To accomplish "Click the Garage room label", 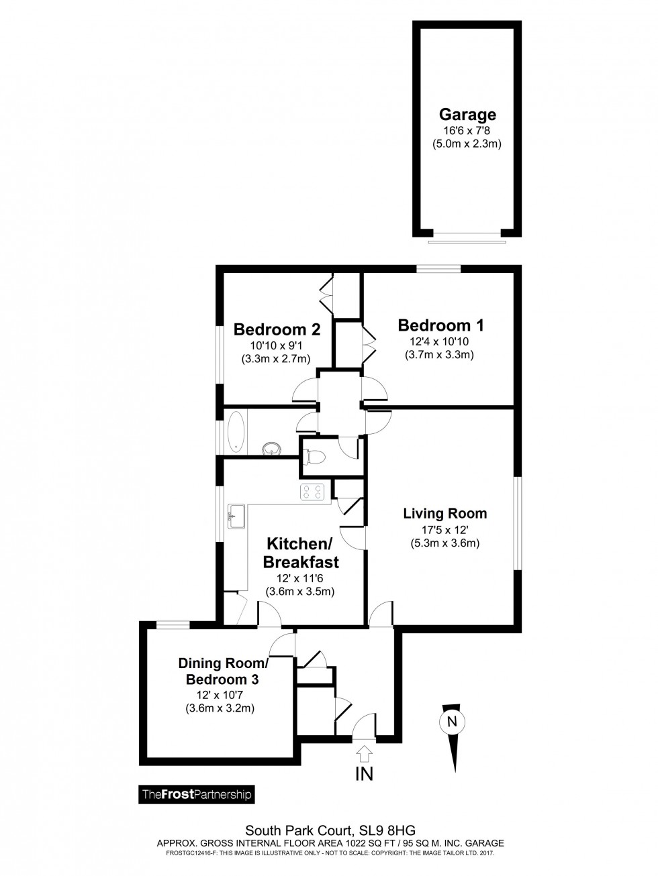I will (467, 114).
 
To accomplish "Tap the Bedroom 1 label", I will (440, 325).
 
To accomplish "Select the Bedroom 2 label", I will (276, 329).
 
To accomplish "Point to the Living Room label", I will (444, 514).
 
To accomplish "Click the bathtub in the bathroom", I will (236, 432).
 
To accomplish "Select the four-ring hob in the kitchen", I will (313, 492).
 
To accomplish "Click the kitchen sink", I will (236, 516).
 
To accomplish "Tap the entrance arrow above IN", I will (365, 753).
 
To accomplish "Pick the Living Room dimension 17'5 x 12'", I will (444, 530).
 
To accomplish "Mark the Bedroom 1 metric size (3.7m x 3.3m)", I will (440, 355).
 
